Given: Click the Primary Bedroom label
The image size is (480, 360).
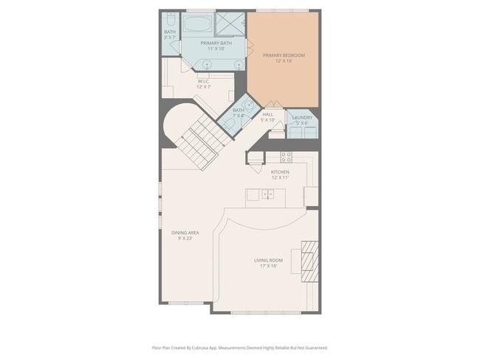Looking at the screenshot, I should (284, 55).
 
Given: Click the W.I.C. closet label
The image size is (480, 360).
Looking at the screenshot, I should (204, 81).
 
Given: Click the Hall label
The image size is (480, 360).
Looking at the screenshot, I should (267, 114).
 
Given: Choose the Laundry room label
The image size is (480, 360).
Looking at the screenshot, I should (301, 117).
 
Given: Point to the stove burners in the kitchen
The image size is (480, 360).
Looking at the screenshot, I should (286, 157).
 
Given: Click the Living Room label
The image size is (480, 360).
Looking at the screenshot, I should (268, 260).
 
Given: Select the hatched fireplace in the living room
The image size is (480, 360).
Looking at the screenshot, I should (309, 260).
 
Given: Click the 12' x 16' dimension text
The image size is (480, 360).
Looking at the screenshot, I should (284, 62).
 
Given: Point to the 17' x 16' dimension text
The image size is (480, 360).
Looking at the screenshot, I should (268, 266).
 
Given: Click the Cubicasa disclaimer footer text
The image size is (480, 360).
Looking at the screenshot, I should (240, 347).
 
